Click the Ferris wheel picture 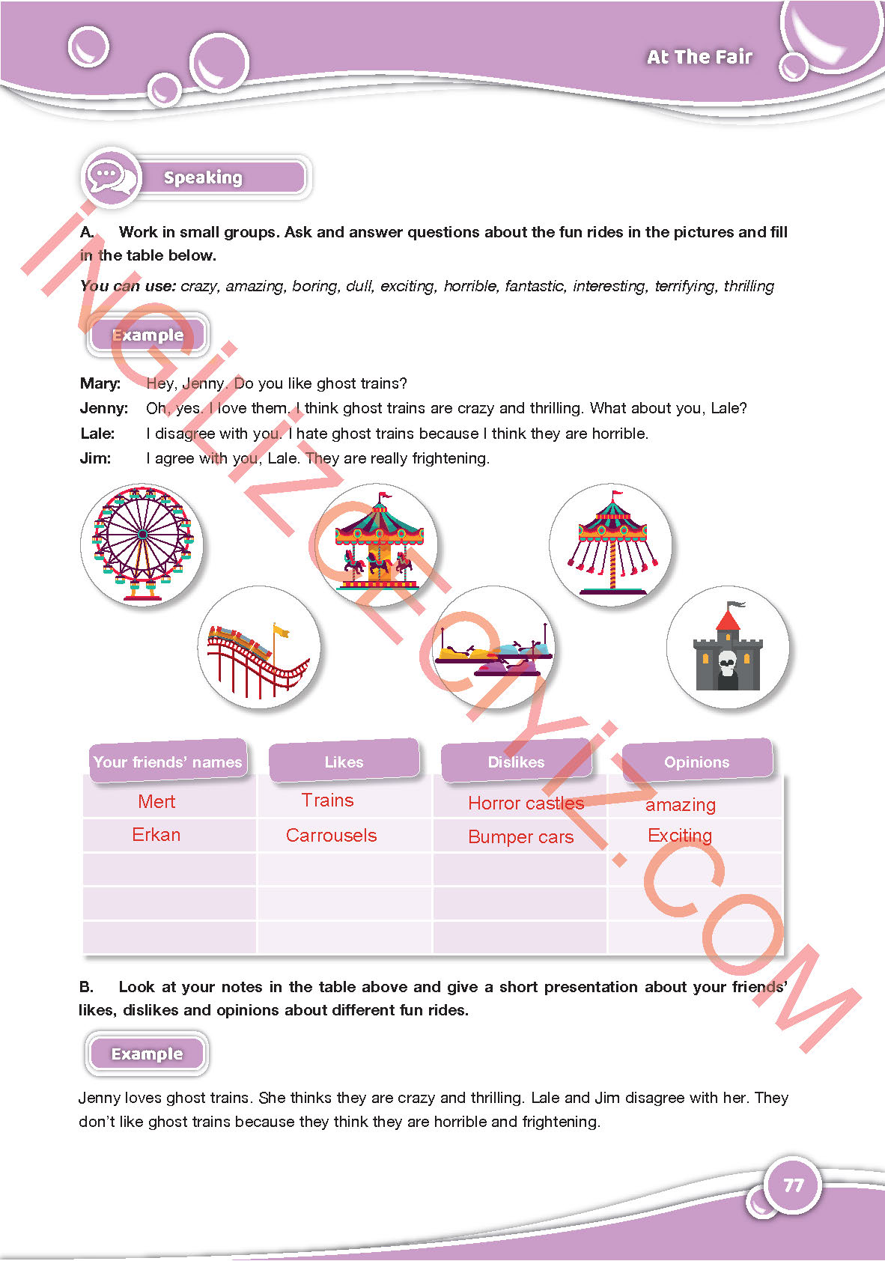[142, 544]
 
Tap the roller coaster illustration [258, 648]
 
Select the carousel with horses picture [378, 544]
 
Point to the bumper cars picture [493, 649]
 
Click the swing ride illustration [612, 544]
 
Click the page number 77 [793, 1185]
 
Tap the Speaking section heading [203, 177]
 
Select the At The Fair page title [699, 57]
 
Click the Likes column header [344, 762]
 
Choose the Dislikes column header [516, 762]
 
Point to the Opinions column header [696, 762]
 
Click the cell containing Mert [156, 802]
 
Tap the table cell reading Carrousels [331, 836]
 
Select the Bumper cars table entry [520, 837]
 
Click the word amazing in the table [681, 805]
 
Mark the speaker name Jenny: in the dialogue [104, 408]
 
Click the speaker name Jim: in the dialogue [95, 458]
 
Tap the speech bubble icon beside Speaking [110, 177]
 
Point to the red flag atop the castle [729, 621]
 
